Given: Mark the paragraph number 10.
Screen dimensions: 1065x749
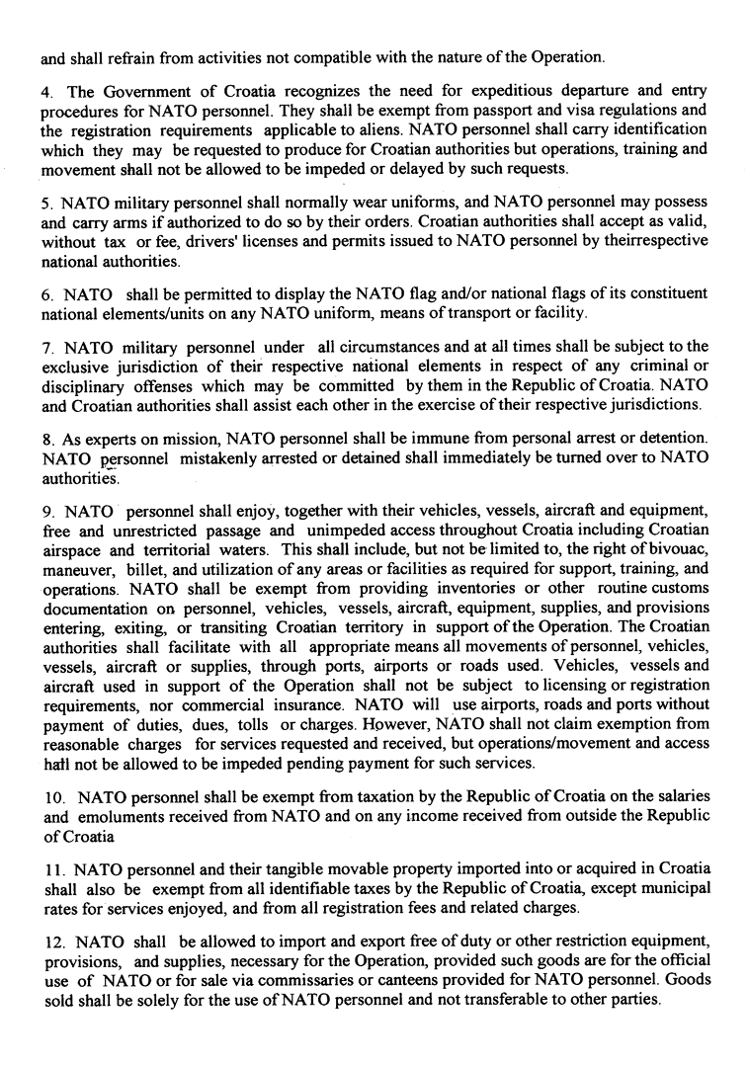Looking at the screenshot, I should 53,797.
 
